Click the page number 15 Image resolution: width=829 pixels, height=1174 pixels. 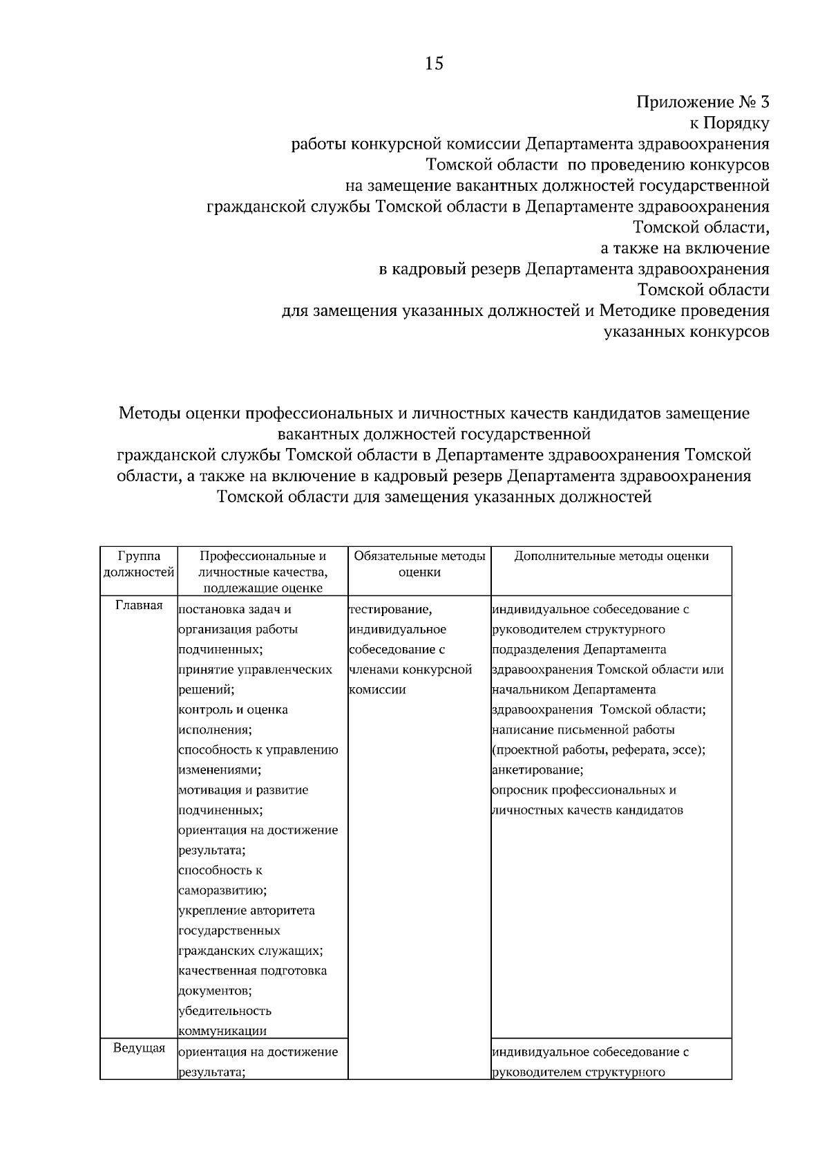pos(434,64)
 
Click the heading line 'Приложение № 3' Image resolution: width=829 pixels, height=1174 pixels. pos(702,103)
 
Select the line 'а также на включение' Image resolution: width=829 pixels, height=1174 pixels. pos(685,248)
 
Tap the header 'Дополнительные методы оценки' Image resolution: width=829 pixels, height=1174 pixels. pos(611,556)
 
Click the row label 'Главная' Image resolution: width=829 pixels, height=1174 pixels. pos(139,606)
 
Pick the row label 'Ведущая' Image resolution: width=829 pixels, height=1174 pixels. pos(139,1048)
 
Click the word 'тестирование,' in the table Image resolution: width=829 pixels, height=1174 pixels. pos(391,610)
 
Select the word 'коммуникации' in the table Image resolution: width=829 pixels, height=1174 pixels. pos(222,1031)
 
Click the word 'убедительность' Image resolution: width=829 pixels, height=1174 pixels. pos(225,1011)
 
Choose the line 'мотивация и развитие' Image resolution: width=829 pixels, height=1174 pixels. pos(243,790)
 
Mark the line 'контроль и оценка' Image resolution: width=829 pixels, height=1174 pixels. pos(233,710)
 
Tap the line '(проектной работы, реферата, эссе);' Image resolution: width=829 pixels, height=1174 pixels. pos(598,750)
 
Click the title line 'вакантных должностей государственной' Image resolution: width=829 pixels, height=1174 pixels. pos(434,435)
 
